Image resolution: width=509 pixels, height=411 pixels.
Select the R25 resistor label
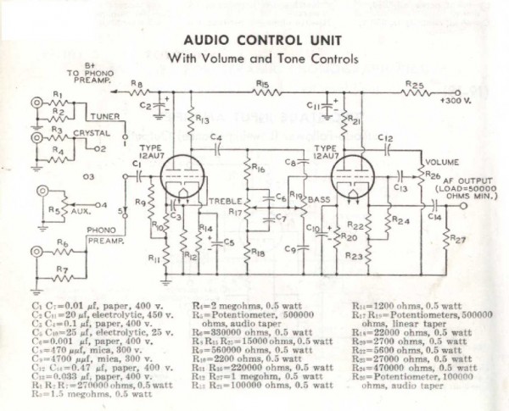point(414,85)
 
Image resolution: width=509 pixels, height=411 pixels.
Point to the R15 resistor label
point(262,85)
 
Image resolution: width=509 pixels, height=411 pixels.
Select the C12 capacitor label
point(385,137)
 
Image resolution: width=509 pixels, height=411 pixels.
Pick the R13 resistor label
point(201,120)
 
